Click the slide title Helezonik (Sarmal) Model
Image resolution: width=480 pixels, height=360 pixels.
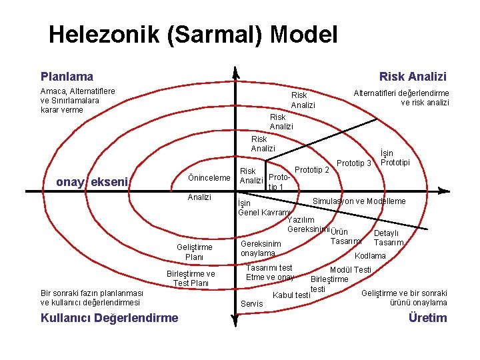[193, 34]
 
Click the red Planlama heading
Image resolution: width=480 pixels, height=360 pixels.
[67, 77]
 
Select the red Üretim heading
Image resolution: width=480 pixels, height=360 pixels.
[427, 317]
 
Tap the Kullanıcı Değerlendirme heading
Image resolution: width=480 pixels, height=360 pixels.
[109, 317]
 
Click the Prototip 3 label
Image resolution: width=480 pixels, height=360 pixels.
[353, 163]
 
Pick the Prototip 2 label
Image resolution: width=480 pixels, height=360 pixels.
[311, 170]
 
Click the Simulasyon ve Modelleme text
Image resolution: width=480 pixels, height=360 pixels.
[359, 201]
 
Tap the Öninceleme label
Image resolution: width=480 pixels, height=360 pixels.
[209, 177]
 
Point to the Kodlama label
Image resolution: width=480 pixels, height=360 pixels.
[370, 256]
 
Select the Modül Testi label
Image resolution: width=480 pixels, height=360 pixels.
[351, 269]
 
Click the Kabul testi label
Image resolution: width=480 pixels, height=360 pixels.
[292, 295]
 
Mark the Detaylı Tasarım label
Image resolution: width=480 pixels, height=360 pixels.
[387, 238]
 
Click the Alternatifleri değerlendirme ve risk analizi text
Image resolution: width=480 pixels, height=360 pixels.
[401, 98]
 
